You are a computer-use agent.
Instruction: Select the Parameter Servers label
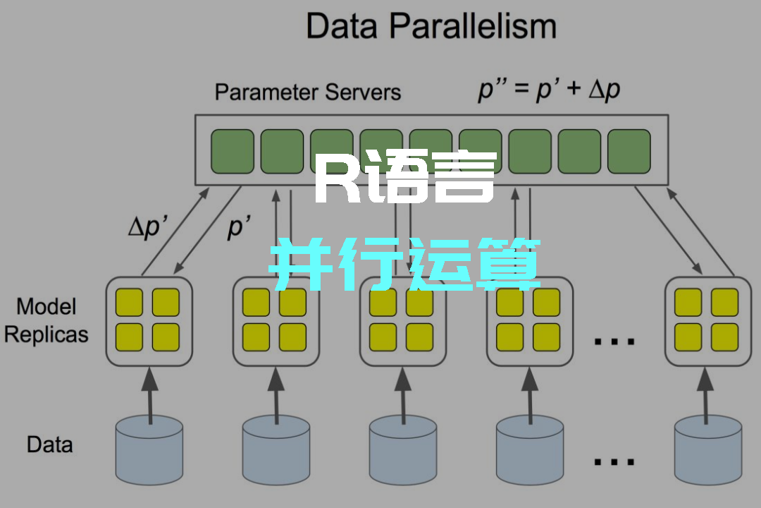tap(308, 92)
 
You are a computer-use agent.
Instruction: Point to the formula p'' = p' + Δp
tap(549, 91)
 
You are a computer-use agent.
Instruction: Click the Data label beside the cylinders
tap(49, 445)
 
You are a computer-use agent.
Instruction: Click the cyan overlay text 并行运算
tap(405, 264)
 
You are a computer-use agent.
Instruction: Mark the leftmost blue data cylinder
tap(149, 447)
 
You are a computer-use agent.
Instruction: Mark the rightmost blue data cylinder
tap(707, 447)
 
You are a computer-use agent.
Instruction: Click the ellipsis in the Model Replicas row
tap(614, 341)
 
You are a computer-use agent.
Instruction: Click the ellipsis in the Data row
tap(614, 462)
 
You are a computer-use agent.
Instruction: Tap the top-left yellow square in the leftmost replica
tap(130, 302)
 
